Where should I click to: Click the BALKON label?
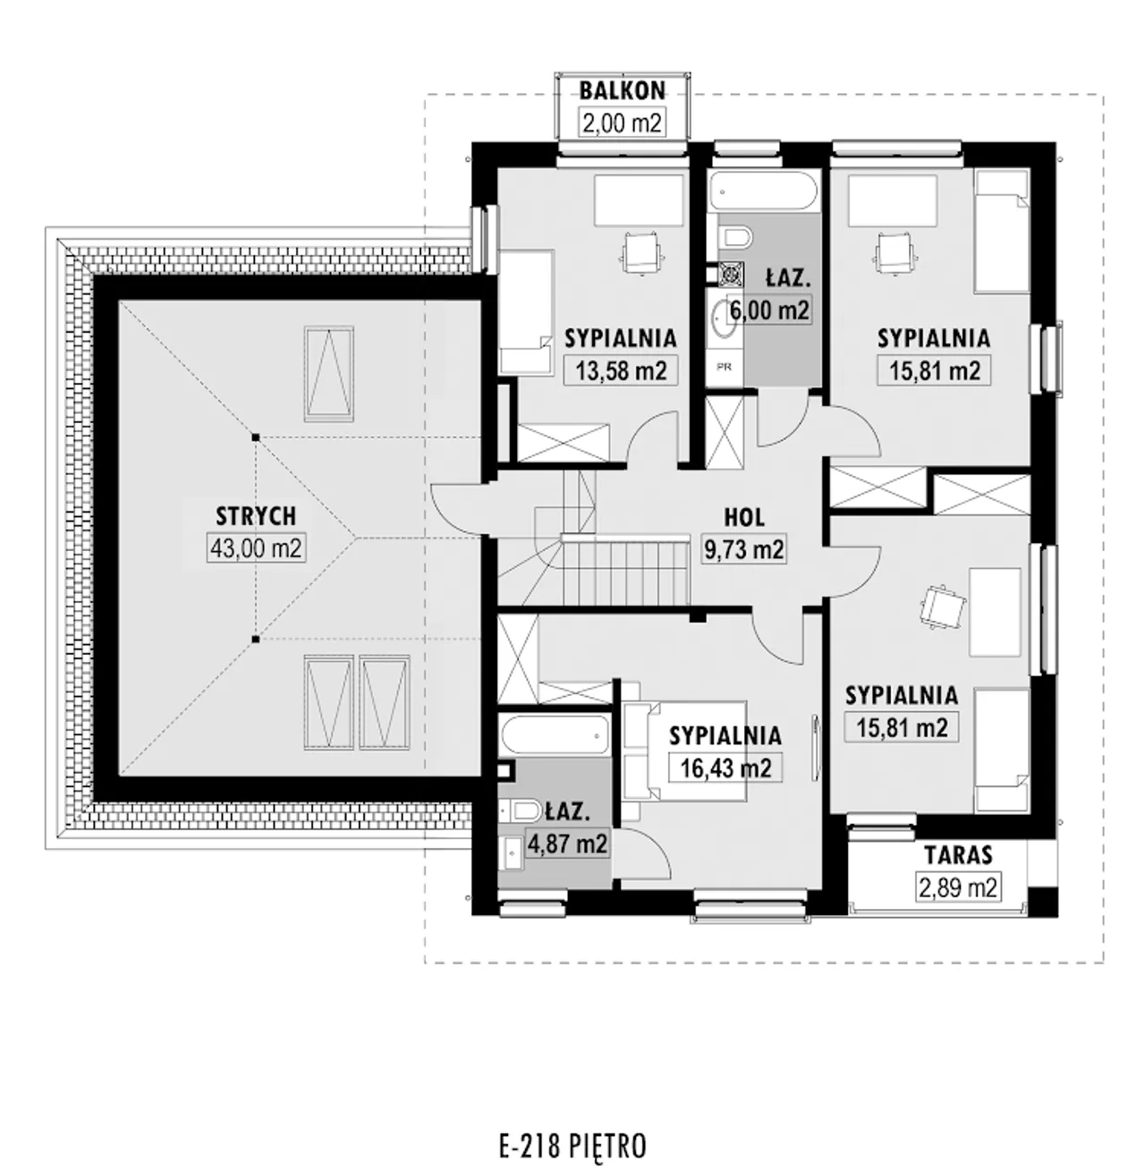point(623,90)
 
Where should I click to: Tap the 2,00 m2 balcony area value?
point(623,123)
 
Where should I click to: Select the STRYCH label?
point(257,516)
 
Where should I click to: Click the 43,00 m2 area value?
point(257,547)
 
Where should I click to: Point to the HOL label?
point(744,517)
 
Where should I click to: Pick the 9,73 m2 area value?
point(744,548)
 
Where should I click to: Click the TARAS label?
point(958,855)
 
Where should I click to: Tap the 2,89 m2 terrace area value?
point(958,887)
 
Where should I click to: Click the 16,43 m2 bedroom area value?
point(726,768)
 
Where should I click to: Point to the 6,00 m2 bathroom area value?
point(769,310)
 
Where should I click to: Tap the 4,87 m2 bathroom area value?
point(567,844)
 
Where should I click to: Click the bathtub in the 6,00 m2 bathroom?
point(763,191)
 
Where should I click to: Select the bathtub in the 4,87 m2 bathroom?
point(554,735)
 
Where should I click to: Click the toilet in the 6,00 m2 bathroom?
point(735,237)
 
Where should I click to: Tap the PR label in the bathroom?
point(725,367)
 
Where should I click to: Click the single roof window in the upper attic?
point(329,374)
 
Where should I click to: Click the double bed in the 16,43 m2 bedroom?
point(684,751)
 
